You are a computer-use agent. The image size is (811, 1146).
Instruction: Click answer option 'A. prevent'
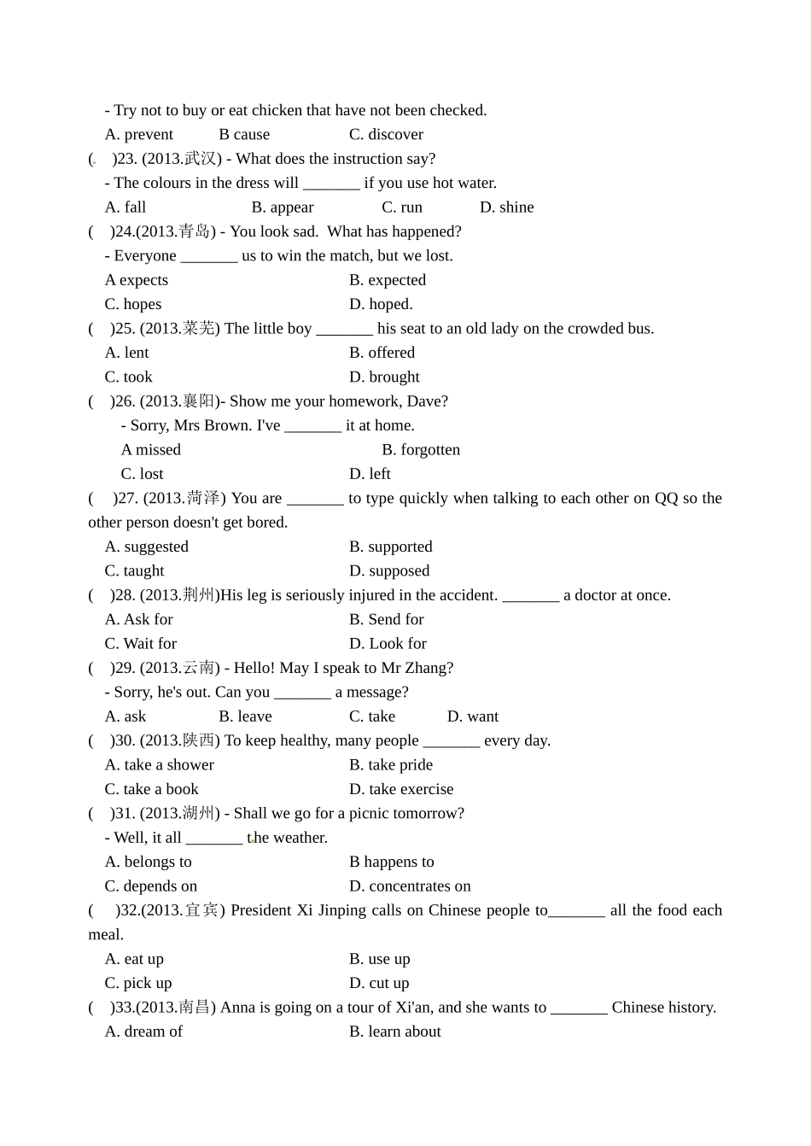(x=138, y=135)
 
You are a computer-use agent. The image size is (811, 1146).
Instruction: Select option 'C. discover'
(x=386, y=135)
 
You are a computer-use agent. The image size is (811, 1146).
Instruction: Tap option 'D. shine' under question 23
(x=506, y=208)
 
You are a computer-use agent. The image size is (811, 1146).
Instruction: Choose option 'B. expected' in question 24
(x=387, y=280)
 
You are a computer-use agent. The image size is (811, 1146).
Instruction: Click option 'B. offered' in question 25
(x=382, y=353)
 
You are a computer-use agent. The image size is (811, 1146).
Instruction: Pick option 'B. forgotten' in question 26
(x=421, y=450)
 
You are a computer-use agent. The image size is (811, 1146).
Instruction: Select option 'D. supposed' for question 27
(x=389, y=571)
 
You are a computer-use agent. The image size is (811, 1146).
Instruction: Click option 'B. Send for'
(x=386, y=620)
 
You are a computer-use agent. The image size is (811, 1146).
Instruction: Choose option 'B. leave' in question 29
(x=245, y=716)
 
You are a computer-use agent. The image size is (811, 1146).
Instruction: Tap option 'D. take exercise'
(x=401, y=789)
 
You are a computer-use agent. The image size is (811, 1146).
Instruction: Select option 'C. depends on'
(x=150, y=886)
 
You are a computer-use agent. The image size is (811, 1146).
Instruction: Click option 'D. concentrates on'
(x=410, y=886)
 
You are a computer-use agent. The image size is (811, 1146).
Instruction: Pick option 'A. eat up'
(x=134, y=959)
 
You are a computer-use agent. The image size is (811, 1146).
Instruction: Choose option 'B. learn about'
(x=394, y=1032)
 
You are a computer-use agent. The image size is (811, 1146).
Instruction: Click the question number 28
(x=125, y=595)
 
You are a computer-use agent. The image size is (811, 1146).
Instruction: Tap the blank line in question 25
(x=344, y=330)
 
